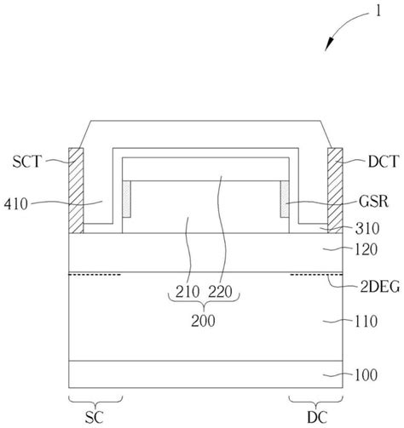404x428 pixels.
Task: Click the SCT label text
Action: [27, 162]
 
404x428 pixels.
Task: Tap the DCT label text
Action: [384, 162]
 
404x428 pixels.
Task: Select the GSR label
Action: [373, 202]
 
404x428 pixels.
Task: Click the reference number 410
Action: [16, 204]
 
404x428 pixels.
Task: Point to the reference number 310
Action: [367, 228]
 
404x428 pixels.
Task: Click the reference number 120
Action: [366, 249]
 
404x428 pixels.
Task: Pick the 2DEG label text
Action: [380, 287]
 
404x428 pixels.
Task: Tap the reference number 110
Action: [366, 322]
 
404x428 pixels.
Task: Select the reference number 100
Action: [366, 374]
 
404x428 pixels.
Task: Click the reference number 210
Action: [188, 292]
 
